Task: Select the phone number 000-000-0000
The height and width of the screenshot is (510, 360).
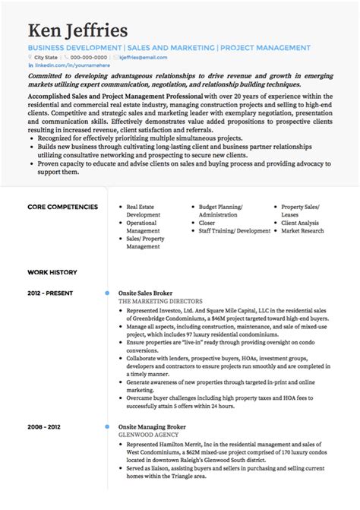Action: [x=92, y=57]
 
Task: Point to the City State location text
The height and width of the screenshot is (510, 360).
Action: [x=46, y=57]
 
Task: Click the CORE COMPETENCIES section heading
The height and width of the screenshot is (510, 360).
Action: [x=62, y=207]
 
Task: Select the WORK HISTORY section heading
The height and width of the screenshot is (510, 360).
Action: [x=52, y=271]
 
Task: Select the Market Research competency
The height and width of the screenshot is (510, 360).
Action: [x=302, y=230]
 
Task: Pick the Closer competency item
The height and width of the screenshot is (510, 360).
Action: [x=207, y=223]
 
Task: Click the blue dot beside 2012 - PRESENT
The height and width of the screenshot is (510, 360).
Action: [x=107, y=293]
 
